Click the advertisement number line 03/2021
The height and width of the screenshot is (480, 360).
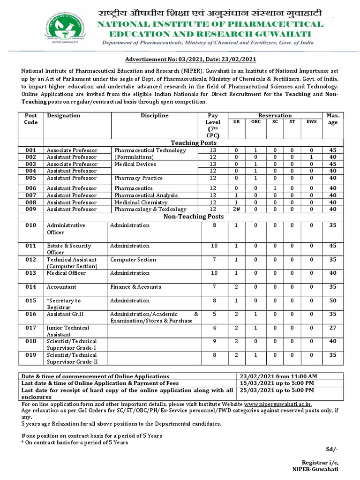pyautogui.click(x=190, y=59)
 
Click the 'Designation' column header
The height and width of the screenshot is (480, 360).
pyautogui.click(x=64, y=116)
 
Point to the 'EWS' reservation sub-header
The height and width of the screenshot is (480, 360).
pyautogui.click(x=311, y=122)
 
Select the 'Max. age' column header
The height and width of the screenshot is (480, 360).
pyautogui.click(x=333, y=119)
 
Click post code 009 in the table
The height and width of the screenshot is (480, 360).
pyautogui.click(x=31, y=209)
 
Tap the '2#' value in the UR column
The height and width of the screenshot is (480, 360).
pyautogui.click(x=236, y=209)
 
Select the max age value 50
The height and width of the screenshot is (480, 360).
pyautogui.click(x=333, y=300)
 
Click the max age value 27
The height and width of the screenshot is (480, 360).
pyautogui.click(x=333, y=328)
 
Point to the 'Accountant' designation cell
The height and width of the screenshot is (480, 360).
pyautogui.click(x=61, y=286)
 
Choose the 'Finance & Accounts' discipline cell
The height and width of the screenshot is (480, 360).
pyautogui.click(x=135, y=286)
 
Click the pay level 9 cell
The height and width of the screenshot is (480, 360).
pyautogui.click(x=213, y=341)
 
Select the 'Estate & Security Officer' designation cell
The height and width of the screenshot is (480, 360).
pyautogui.click(x=69, y=249)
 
